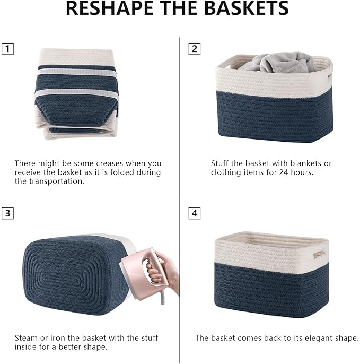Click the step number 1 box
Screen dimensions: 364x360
(x=7, y=49)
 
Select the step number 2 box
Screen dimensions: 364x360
(x=195, y=49)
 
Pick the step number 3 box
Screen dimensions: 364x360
(x=7, y=214)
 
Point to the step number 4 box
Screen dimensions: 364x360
(x=195, y=214)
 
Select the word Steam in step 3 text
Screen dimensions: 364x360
(x=26, y=338)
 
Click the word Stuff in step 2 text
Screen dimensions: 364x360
(x=221, y=163)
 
